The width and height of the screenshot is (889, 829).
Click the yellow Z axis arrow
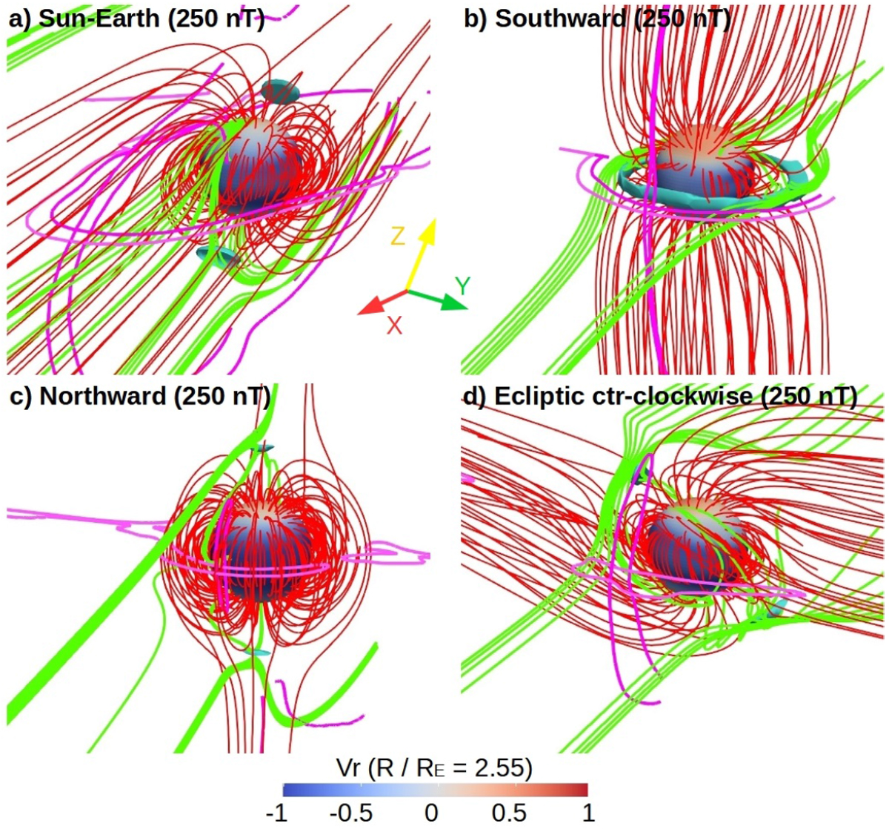(420, 255)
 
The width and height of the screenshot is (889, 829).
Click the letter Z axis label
(398, 236)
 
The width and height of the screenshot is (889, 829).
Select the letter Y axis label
(462, 286)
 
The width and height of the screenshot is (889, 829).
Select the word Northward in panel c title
(103, 396)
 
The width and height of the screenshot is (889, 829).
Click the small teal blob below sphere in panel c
(257, 653)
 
